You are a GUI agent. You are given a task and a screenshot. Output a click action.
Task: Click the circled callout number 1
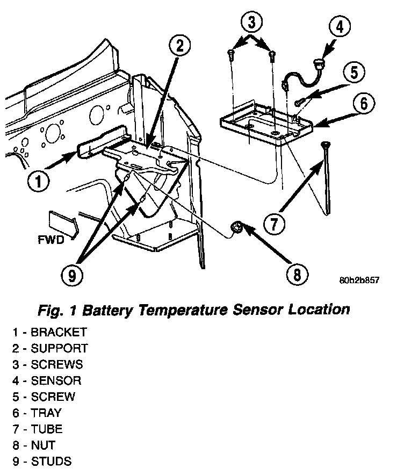(x=39, y=182)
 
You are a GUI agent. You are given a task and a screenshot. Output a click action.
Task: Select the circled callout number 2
(x=180, y=46)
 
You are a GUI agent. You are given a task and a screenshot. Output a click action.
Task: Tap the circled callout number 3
(x=251, y=22)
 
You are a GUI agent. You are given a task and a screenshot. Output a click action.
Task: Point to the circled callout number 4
(x=340, y=26)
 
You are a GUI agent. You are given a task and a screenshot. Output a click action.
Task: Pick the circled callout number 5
(x=354, y=73)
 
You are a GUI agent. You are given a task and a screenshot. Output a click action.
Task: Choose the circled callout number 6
(x=364, y=103)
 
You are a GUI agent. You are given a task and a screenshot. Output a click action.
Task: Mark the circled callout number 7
(x=274, y=224)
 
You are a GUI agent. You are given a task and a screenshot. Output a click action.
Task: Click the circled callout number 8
(x=297, y=275)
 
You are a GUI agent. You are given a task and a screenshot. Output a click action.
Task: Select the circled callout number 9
(x=72, y=275)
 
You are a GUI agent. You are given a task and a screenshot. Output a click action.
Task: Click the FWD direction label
(x=51, y=240)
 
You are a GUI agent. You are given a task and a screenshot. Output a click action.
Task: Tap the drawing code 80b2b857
(x=359, y=280)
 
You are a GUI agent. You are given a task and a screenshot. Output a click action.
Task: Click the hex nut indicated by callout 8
(x=236, y=227)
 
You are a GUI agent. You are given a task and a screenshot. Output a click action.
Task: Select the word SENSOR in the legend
(x=56, y=380)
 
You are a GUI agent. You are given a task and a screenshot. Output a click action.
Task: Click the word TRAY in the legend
(x=46, y=413)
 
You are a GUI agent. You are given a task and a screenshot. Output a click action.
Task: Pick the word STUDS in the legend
(x=51, y=461)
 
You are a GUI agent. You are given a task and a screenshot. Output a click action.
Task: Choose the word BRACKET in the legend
(x=59, y=332)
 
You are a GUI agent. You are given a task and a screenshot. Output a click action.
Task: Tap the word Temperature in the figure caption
(x=183, y=310)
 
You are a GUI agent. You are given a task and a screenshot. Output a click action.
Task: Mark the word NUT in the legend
(x=43, y=445)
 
